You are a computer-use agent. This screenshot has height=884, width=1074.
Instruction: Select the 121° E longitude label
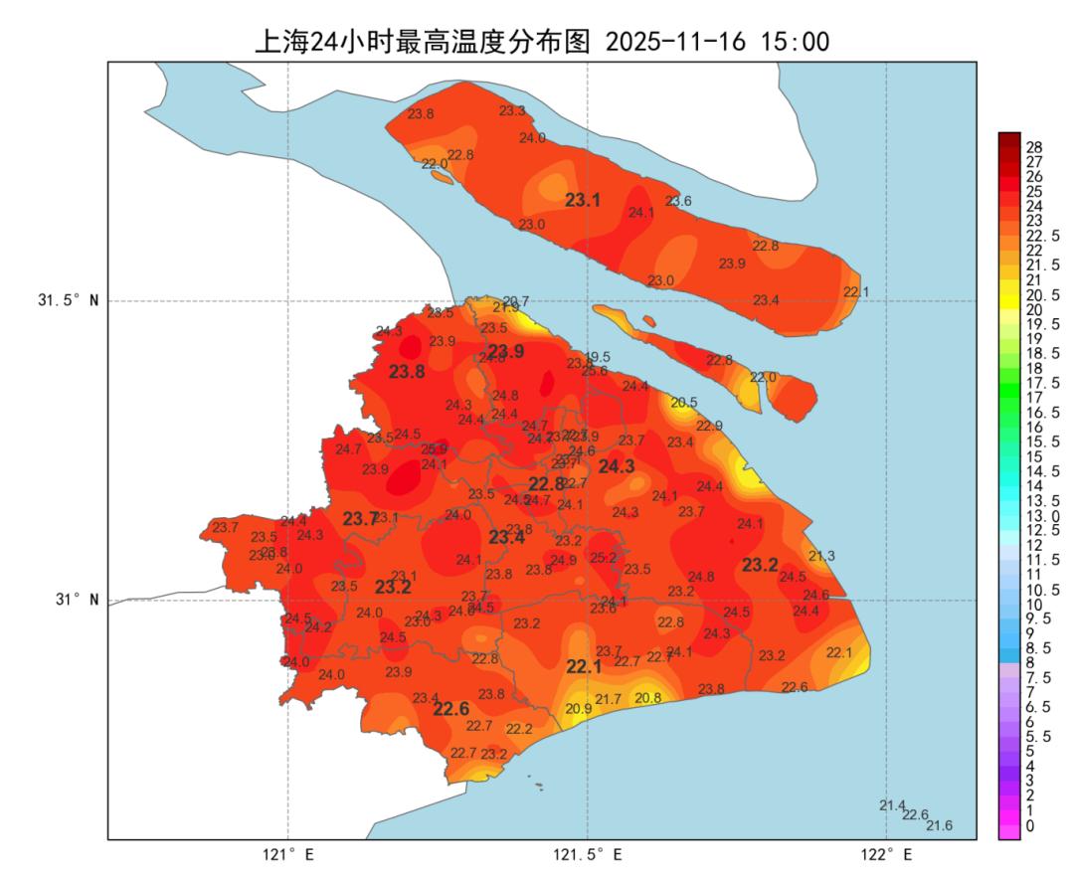click(288, 854)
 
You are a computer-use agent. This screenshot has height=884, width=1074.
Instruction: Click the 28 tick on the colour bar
click(1033, 147)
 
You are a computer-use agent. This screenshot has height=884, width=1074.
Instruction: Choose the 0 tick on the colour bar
click(1029, 825)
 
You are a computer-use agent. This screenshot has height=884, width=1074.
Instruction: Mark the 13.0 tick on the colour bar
click(1040, 516)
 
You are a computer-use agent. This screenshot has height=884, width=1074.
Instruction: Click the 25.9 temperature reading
click(434, 449)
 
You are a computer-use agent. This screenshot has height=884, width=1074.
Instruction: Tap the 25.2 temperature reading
click(604, 558)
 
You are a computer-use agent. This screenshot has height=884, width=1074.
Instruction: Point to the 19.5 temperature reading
click(598, 357)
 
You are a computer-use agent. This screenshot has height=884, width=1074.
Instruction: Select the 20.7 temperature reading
click(515, 301)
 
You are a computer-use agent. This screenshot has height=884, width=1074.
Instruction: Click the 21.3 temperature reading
click(821, 556)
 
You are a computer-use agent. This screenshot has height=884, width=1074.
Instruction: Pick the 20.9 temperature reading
click(579, 709)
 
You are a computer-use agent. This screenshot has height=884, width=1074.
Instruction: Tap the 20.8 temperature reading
click(648, 698)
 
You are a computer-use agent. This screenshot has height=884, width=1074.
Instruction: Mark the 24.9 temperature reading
click(563, 561)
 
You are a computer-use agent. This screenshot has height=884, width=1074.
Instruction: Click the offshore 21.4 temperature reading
click(892, 805)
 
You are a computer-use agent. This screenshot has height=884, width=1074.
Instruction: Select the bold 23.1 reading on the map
click(583, 200)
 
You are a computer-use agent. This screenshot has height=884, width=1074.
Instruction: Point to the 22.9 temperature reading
click(709, 426)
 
